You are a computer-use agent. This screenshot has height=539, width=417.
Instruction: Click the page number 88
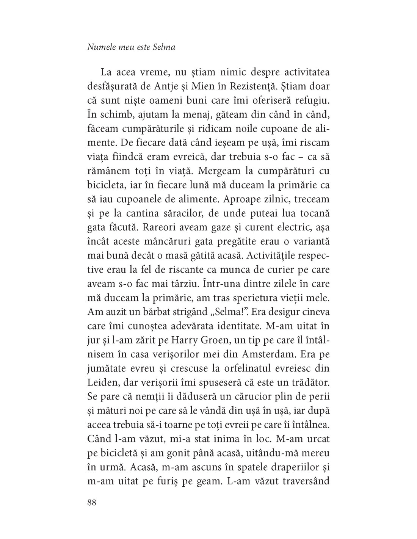point(92,503)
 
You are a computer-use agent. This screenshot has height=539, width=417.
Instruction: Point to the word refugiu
point(312,101)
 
